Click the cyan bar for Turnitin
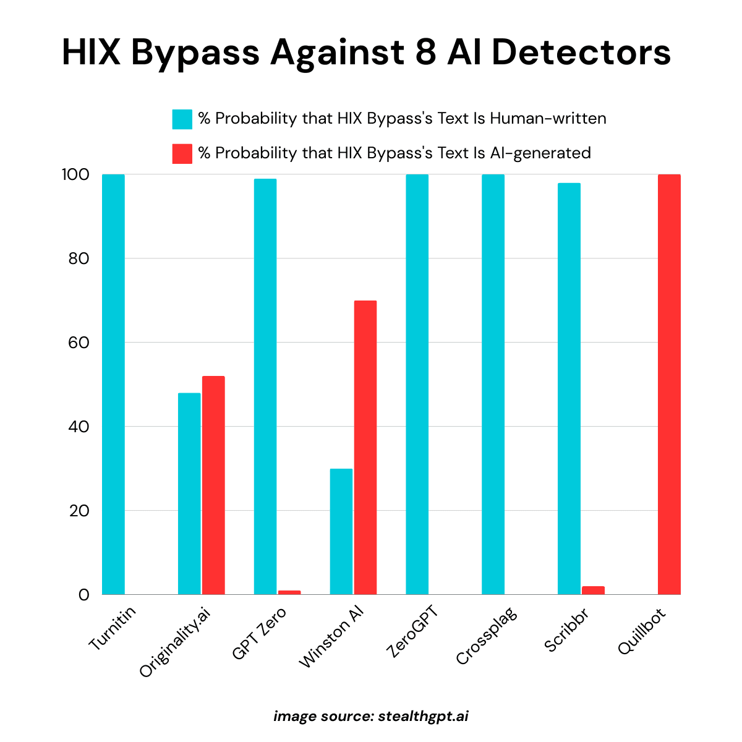(113, 383)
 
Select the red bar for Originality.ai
(213, 485)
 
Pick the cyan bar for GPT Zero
(265, 386)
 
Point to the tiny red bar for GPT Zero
(289, 592)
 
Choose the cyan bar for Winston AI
(341, 532)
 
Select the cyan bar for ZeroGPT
(417, 383)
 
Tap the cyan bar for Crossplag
(493, 383)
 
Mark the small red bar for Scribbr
(593, 591)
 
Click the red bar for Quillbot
(669, 383)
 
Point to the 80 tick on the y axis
(79, 258)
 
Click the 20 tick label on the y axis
(79, 511)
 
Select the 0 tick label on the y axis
(83, 595)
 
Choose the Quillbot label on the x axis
(642, 632)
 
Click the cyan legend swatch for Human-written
(182, 119)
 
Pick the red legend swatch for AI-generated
(182, 153)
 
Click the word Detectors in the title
(581, 53)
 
